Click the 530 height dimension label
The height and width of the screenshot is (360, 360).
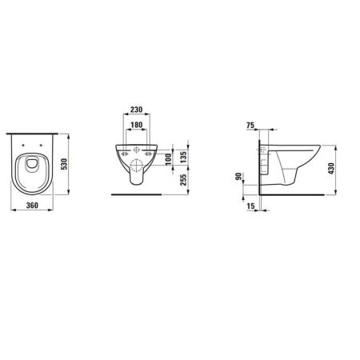pyautogui.click(x=74, y=163)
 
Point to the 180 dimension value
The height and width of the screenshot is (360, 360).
pyautogui.click(x=138, y=126)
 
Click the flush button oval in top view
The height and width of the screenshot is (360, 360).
pyautogui.click(x=33, y=165)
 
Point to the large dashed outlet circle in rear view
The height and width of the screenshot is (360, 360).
pyautogui.click(x=138, y=163)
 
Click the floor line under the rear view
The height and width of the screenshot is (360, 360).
pyautogui.click(x=138, y=193)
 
